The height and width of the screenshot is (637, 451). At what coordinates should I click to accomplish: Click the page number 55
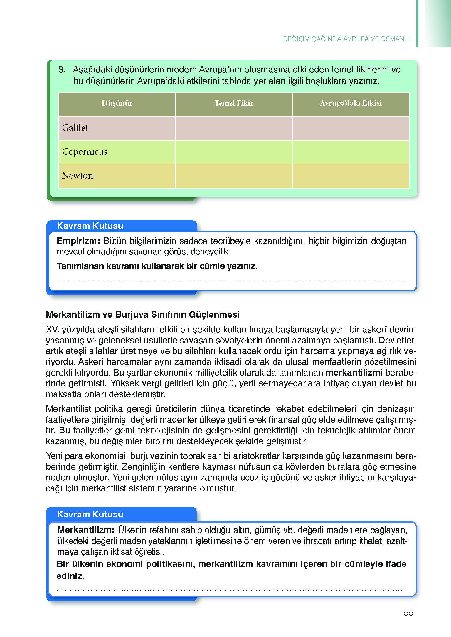pos(408,613)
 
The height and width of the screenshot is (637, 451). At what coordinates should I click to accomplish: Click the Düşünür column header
pos(117,103)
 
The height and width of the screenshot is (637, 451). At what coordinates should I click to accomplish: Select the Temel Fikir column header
pos(234,103)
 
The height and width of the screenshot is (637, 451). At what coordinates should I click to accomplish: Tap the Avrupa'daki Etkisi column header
pos(351,103)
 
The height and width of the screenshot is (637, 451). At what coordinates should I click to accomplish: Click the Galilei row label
pos(75,128)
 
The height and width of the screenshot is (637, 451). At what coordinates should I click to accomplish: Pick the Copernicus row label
pos(85,152)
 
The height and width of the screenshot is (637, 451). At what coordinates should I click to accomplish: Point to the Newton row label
pos(78,176)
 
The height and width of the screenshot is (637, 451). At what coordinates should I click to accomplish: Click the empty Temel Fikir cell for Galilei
pos(234,128)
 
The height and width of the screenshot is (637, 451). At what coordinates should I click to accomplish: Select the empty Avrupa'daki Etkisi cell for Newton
pos(351,176)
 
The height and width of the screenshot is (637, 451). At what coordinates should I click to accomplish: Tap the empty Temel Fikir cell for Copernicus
pos(234,152)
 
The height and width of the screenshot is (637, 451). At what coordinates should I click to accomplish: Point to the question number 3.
pos(62,70)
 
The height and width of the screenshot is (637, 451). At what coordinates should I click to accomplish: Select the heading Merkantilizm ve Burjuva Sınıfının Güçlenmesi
pos(143,314)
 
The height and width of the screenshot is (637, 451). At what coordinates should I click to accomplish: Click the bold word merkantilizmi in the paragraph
pos(354,373)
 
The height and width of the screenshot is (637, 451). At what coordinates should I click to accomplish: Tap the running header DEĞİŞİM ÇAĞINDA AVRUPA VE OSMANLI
pos(346,39)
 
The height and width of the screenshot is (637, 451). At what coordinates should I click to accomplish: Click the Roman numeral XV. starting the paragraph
pos(53,329)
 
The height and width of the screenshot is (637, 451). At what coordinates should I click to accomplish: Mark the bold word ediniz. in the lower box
pos(70,576)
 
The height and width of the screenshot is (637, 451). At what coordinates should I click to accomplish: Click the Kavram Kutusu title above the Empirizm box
pos(90,226)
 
